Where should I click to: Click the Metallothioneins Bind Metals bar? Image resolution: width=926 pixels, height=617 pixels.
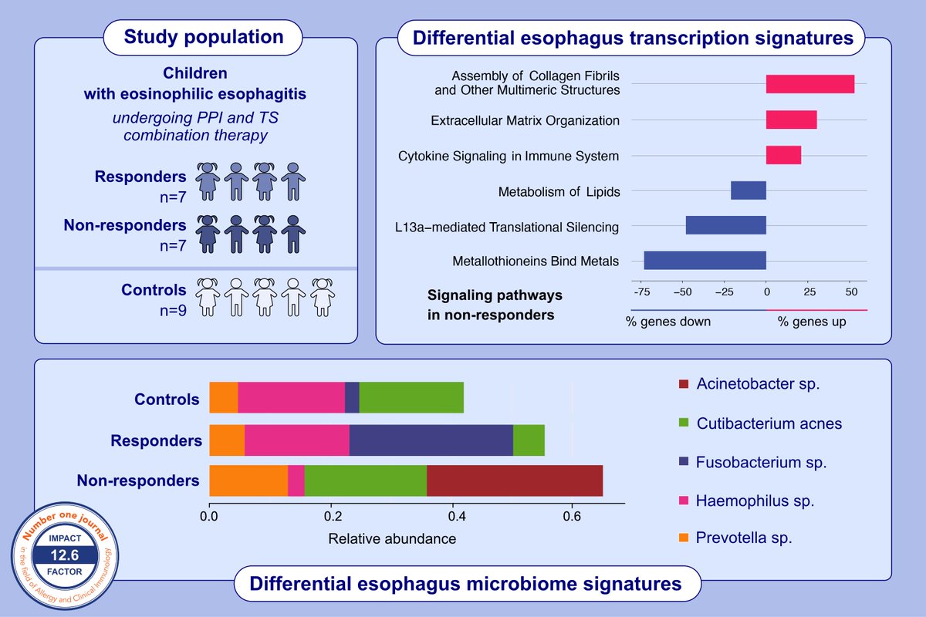click(705, 261)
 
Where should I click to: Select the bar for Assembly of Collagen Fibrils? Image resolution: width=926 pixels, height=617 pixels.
click(809, 84)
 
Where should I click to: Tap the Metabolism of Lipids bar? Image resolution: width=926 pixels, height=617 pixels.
click(748, 190)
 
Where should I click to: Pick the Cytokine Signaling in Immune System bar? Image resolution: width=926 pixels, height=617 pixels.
click(783, 155)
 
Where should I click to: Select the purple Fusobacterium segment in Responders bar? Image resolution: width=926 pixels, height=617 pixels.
click(431, 440)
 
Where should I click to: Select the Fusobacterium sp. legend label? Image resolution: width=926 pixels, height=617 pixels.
click(761, 463)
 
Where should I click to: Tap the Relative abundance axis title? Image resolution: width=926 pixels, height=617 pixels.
click(392, 538)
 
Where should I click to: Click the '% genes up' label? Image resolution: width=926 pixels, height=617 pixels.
click(811, 321)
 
